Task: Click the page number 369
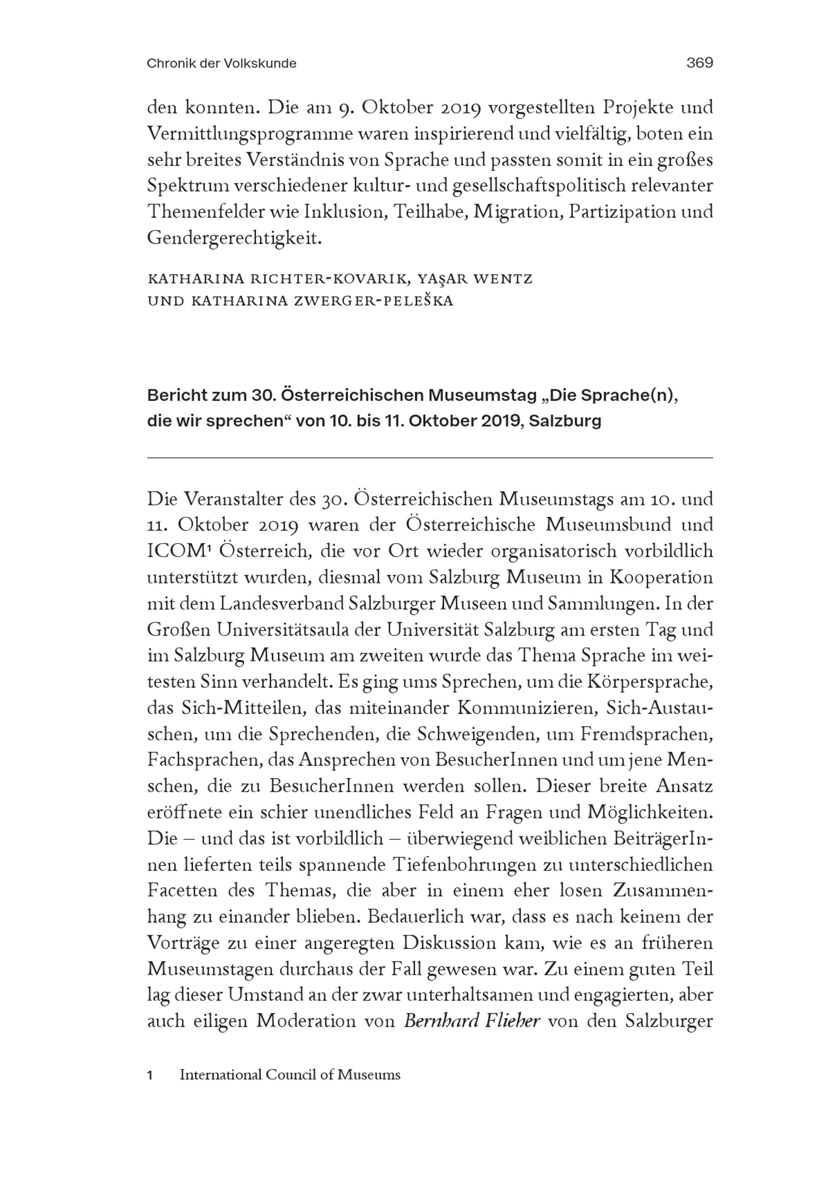(x=699, y=63)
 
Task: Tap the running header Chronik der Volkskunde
(x=221, y=64)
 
